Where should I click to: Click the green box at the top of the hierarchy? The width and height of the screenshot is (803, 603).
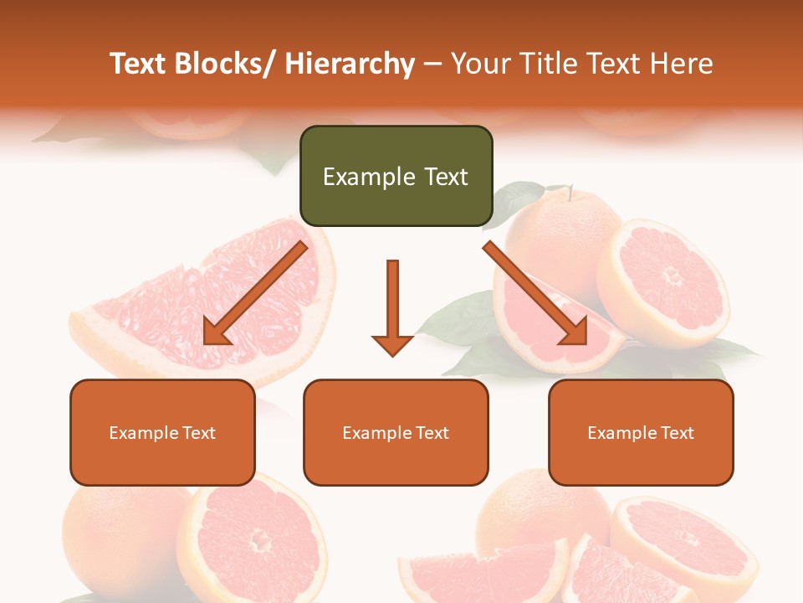pos(396,176)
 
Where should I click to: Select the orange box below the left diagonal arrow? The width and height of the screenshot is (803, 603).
pos(162,432)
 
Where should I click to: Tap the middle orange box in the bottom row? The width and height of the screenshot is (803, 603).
pos(396,432)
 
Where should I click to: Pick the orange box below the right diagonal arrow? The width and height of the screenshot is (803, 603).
pos(641,432)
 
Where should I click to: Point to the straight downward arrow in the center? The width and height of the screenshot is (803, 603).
pos(392,307)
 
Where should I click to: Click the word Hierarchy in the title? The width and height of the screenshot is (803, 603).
pos(350,64)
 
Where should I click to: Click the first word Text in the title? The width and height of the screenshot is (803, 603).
pos(138,64)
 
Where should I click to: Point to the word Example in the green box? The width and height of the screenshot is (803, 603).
pos(357,177)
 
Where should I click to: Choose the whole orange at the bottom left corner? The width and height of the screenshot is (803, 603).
pos(117,536)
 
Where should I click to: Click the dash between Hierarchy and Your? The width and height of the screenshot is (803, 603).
pos(432,64)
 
